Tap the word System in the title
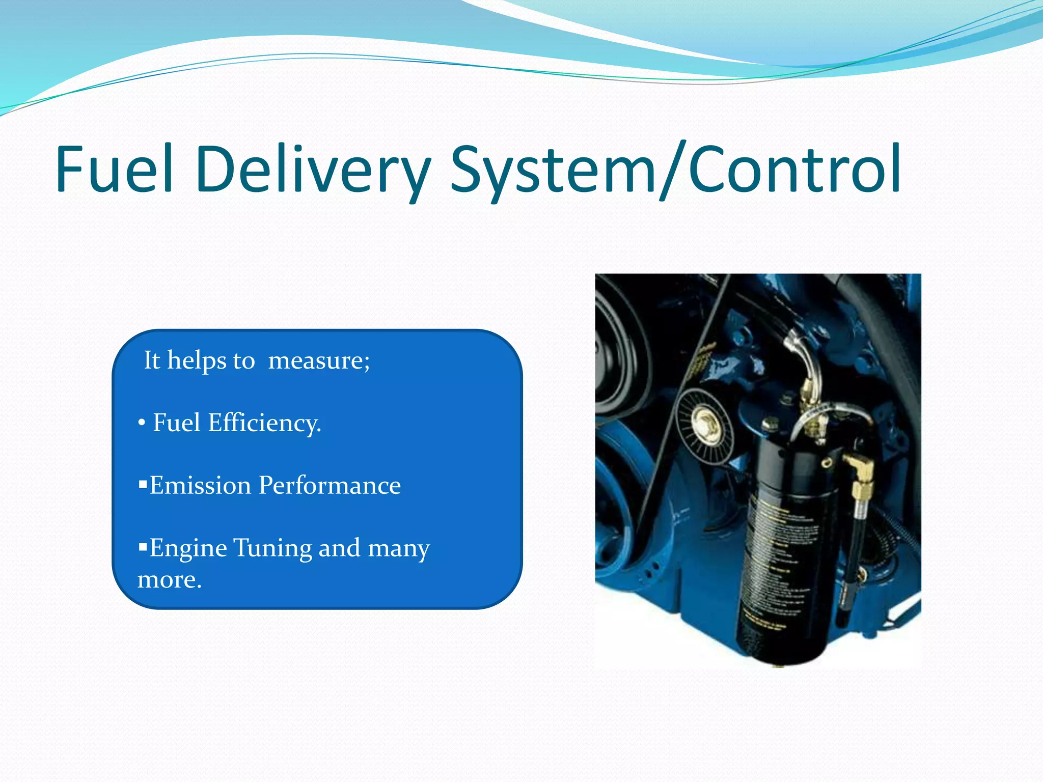553,169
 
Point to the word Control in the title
794,169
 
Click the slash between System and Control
672,171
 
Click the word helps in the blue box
197,361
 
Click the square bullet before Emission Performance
143,484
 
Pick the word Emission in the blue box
200,486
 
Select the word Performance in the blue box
330,486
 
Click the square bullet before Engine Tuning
143,547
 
